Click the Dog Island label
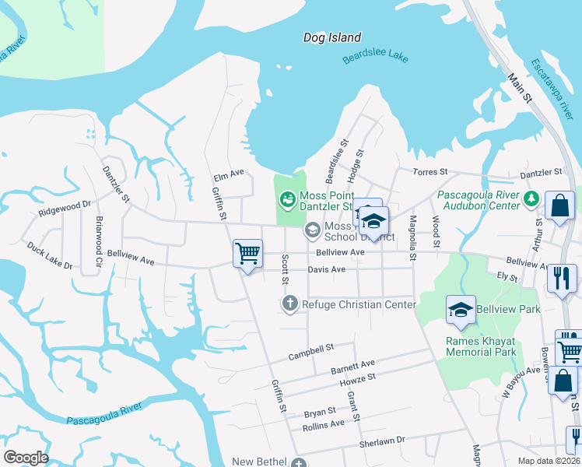332,37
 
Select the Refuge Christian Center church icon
290,304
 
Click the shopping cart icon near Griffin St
247,253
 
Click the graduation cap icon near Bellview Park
461,310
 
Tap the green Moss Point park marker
288,200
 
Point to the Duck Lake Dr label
49,255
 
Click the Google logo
26,458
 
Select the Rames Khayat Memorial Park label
481,346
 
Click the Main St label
518,88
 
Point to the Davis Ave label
326,269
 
